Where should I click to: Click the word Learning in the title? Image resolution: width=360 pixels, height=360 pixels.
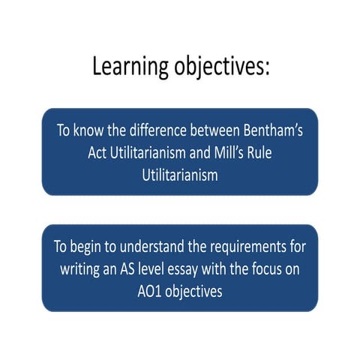(130, 66)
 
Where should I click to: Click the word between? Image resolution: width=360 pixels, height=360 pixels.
(223, 129)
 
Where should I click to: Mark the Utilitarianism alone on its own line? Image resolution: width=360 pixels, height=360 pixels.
(180, 175)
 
